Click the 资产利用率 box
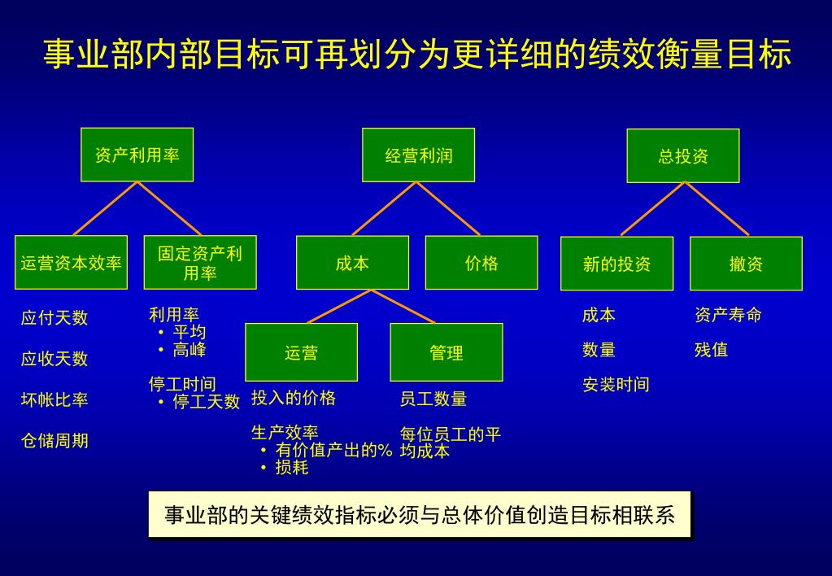pyautogui.click(x=137, y=155)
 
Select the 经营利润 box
pyautogui.click(x=418, y=155)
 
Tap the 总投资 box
pyautogui.click(x=683, y=156)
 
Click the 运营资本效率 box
pyautogui.click(x=71, y=263)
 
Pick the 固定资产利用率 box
pyautogui.click(x=200, y=263)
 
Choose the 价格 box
pyautogui.click(x=481, y=263)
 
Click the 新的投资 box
pyautogui.click(x=616, y=264)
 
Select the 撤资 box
pyautogui.click(x=746, y=264)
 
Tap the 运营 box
pyautogui.click(x=301, y=352)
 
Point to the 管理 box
pyautogui.click(x=446, y=352)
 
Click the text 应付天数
pyautogui.click(x=54, y=318)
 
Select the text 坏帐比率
pyautogui.click(x=54, y=399)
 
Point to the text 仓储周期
pyautogui.click(x=54, y=441)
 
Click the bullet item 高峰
pyautogui.click(x=189, y=350)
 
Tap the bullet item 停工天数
pyautogui.click(x=206, y=402)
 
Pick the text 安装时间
pyautogui.click(x=616, y=385)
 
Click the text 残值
pyautogui.click(x=711, y=350)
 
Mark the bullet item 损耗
pyautogui.click(x=291, y=468)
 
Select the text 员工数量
pyautogui.click(x=433, y=399)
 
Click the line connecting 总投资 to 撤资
pyautogui.click(x=717, y=209)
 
